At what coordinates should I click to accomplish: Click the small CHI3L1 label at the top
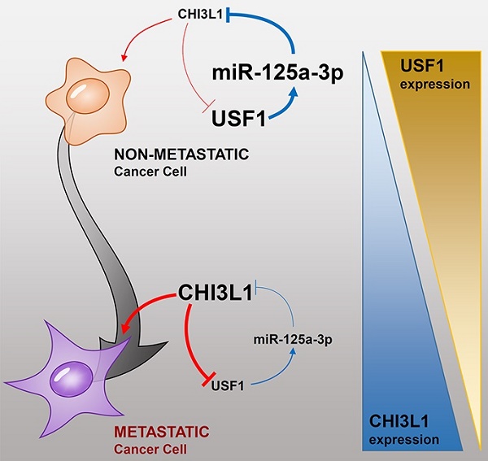[198, 14]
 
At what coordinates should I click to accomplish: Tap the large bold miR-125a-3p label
[277, 72]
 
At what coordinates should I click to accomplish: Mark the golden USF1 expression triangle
[439, 163]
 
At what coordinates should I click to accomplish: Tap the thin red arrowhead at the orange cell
[124, 56]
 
